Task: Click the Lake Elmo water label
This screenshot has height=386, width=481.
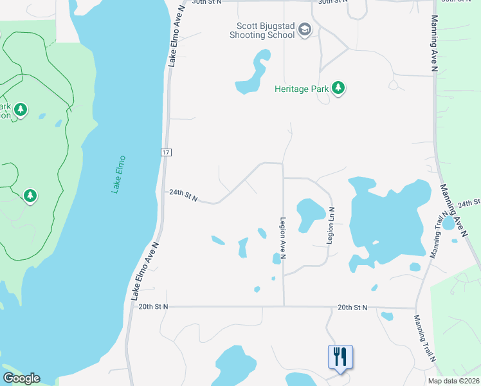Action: tap(118, 174)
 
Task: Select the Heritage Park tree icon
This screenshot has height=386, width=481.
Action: tap(338, 89)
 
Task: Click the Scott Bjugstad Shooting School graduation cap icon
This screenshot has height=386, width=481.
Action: tap(305, 30)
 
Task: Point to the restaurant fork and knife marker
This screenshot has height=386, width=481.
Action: tap(340, 356)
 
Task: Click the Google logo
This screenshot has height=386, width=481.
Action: tap(21, 378)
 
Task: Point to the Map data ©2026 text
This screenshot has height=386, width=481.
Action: tap(453, 381)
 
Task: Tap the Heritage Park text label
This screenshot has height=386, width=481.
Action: tap(302, 89)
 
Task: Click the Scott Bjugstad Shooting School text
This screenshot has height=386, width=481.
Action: tap(266, 30)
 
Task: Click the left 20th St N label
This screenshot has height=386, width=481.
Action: tap(153, 307)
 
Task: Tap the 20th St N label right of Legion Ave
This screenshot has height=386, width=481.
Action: tap(352, 308)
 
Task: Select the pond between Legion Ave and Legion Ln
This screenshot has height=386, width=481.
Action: tap(309, 212)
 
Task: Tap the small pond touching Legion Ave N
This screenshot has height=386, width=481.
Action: tap(277, 258)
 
